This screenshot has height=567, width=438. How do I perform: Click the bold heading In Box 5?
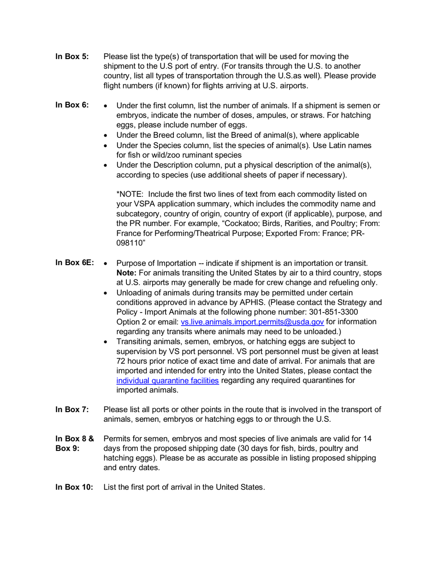coord(72,57)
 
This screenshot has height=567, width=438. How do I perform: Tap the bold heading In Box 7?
coord(72,409)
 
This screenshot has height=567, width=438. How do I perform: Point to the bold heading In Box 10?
coord(74,487)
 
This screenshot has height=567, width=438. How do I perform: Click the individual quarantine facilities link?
coord(167,381)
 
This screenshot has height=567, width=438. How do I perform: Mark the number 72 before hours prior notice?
coord(121,361)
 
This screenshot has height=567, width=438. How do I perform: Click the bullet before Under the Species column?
coord(107,146)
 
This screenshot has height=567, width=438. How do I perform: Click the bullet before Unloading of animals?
coord(107,293)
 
